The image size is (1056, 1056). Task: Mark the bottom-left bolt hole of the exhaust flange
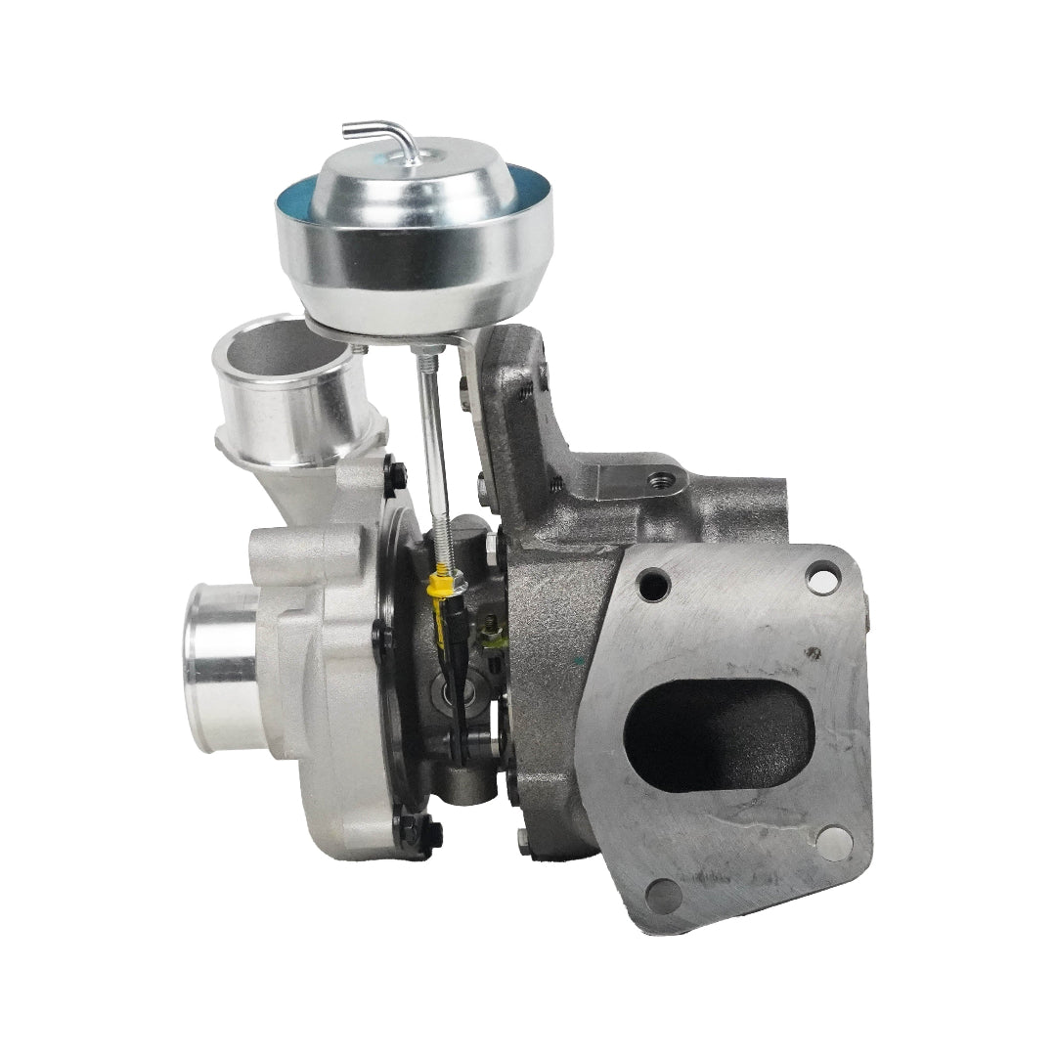(664, 892)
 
